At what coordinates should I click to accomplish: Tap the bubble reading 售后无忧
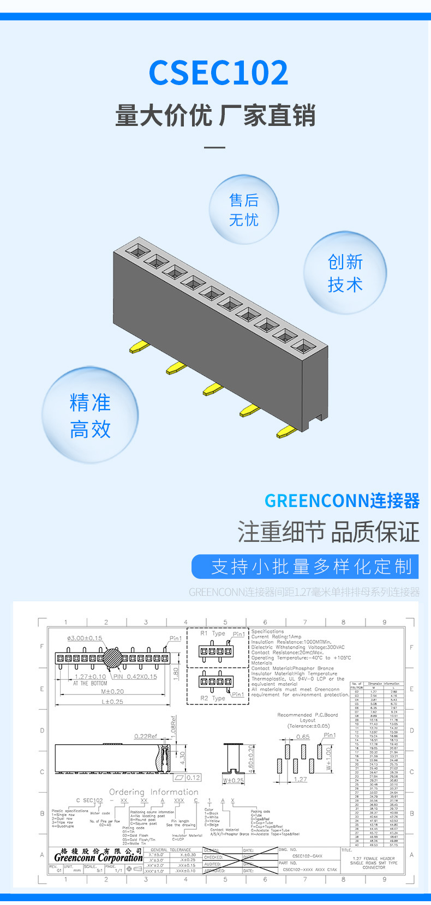point(244,210)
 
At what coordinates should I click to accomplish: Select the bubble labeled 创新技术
point(345,273)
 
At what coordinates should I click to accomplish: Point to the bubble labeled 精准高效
point(90,415)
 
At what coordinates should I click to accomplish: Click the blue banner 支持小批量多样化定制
point(305,566)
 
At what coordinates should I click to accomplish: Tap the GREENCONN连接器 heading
point(342,500)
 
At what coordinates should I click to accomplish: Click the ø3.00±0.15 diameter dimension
point(85,637)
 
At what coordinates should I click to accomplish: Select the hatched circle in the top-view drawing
point(115,658)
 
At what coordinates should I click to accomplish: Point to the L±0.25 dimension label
point(112,702)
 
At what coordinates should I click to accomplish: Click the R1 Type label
point(212,633)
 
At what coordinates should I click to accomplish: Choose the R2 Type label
point(212,698)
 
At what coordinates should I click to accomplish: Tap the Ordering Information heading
point(153,792)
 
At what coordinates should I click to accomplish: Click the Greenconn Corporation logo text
point(98,857)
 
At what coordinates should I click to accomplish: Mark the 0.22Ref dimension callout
point(146,736)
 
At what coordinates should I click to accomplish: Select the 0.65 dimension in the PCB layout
point(303,737)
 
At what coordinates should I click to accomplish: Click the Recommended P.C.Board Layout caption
point(308,720)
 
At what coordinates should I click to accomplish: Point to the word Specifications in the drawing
point(267,631)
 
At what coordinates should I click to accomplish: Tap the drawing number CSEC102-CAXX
point(307,856)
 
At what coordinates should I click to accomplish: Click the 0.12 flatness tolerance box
point(193,777)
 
